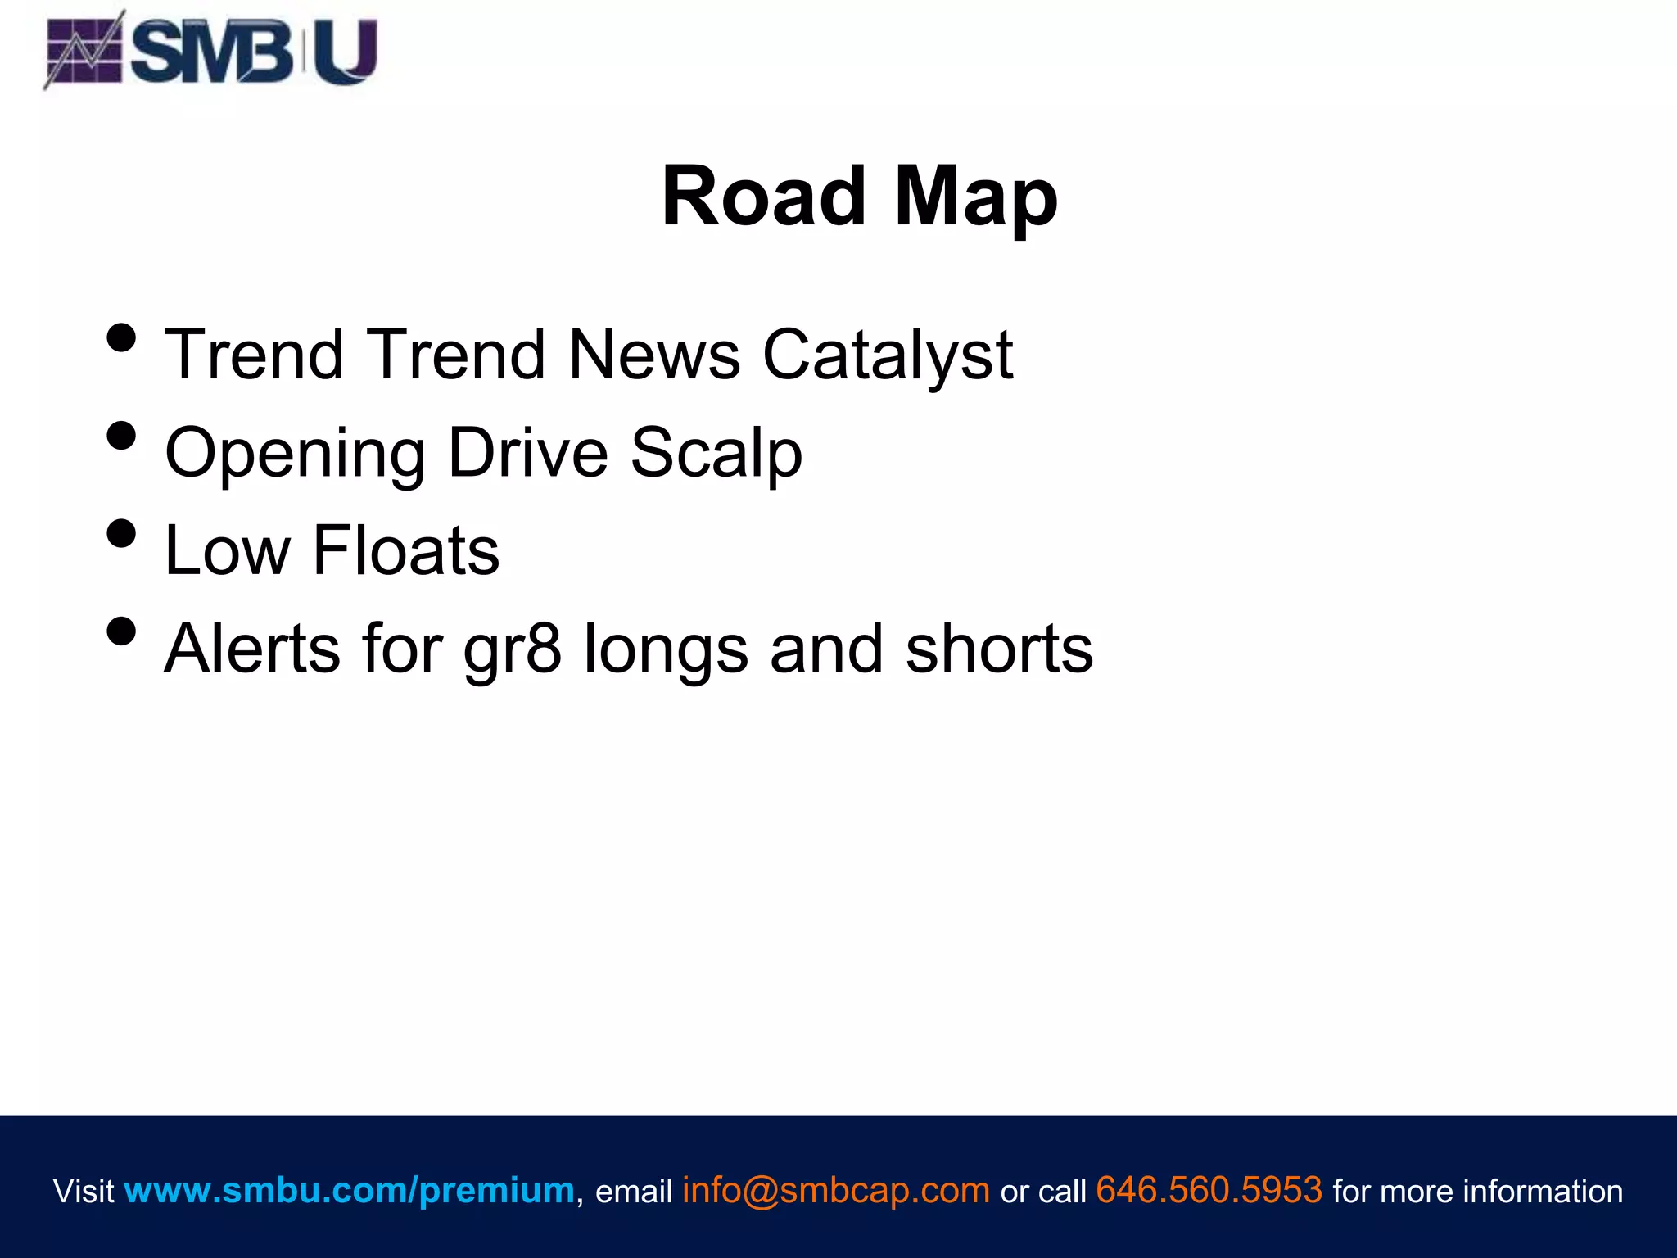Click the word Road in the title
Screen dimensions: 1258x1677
click(x=763, y=197)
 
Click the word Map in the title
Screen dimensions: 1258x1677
click(x=975, y=197)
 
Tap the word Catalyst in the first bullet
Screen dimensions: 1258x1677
click(x=888, y=355)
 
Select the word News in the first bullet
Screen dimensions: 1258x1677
click(x=654, y=355)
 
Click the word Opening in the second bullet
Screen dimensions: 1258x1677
click(x=295, y=454)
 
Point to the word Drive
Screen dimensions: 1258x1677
click(x=528, y=452)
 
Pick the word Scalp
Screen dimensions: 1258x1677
click(x=716, y=454)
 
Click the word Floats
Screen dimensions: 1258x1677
click(x=405, y=551)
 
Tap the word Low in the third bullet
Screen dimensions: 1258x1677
click(x=228, y=551)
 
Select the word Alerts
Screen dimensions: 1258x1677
click(x=252, y=649)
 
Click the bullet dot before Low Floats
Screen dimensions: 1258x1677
click(x=121, y=533)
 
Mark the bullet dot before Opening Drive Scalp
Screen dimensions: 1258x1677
click(x=121, y=436)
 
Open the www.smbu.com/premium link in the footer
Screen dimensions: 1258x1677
click(x=349, y=1190)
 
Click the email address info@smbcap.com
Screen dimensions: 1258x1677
click(x=835, y=1190)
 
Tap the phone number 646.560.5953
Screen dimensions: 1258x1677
click(x=1209, y=1190)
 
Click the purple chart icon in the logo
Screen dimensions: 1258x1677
click(x=84, y=51)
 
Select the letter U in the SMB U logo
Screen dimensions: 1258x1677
click(x=345, y=51)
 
